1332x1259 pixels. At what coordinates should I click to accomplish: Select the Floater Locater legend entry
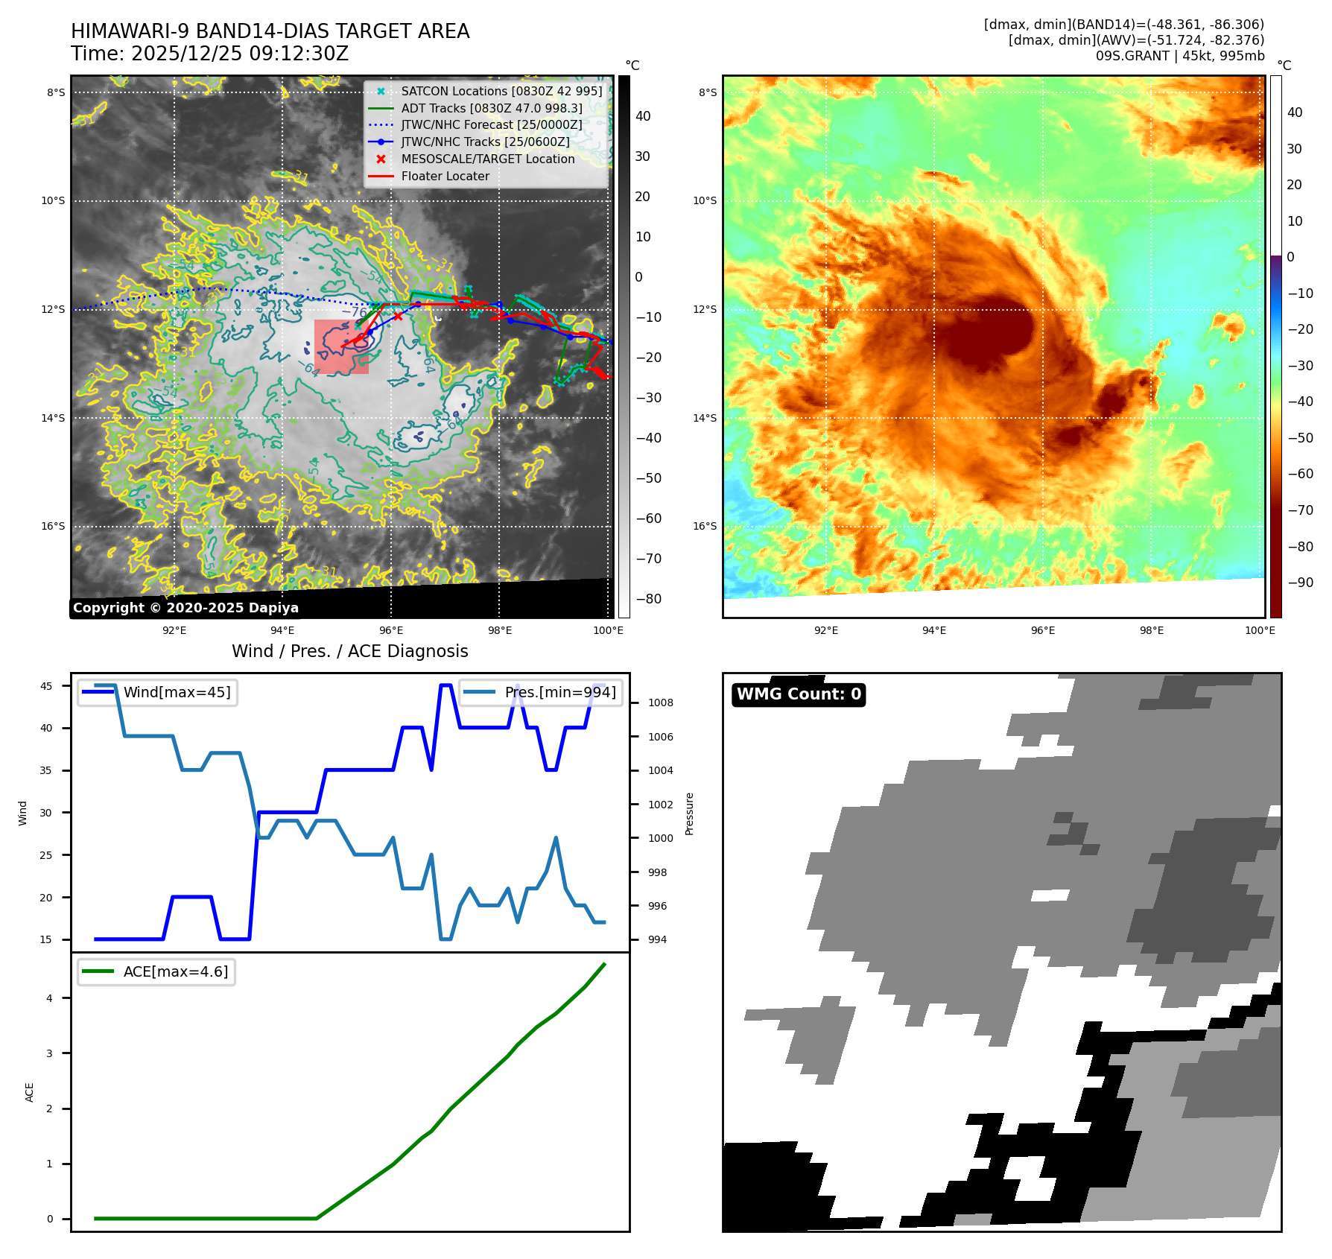coord(445,177)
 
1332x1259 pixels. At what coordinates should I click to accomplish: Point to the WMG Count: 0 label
coord(799,694)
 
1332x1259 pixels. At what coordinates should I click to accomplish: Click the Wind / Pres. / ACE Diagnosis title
coord(350,651)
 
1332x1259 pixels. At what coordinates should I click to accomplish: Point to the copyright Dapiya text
coord(185,608)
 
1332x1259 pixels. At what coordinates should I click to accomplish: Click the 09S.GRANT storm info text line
coord(1179,56)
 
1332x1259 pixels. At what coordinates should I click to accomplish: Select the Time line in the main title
coord(209,54)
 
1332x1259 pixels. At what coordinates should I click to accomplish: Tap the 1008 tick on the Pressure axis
coord(660,703)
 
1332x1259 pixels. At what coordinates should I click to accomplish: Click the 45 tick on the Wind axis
coord(46,686)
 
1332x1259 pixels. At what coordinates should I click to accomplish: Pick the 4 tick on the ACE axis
coord(50,998)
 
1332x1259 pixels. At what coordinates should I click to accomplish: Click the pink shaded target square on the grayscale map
coord(341,346)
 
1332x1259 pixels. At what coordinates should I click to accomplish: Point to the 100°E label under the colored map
coord(1260,630)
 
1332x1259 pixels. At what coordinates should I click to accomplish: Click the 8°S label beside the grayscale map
coord(56,93)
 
